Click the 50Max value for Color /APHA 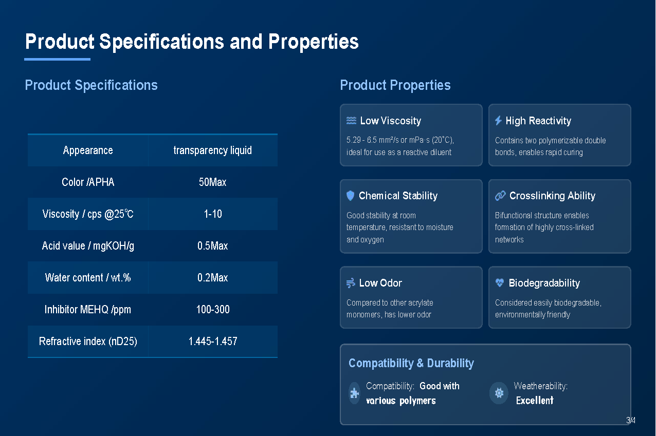click(x=213, y=182)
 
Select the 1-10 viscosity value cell click(x=213, y=214)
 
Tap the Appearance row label click(x=88, y=150)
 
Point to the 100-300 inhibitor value click(x=213, y=309)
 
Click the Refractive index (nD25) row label click(x=88, y=341)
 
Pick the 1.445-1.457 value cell click(x=213, y=341)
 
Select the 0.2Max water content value click(x=213, y=277)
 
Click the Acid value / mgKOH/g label click(x=88, y=246)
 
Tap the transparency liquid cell click(x=213, y=150)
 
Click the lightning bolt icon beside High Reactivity click(x=499, y=120)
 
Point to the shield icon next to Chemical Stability click(x=350, y=196)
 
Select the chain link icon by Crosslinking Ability click(x=500, y=196)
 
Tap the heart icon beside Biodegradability click(x=500, y=282)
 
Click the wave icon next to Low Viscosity click(x=351, y=120)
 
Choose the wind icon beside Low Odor click(x=351, y=283)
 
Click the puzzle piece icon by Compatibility click(x=354, y=393)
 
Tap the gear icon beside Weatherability click(x=499, y=393)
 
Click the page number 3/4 click(x=630, y=420)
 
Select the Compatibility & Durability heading click(x=411, y=363)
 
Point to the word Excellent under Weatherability click(x=535, y=400)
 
